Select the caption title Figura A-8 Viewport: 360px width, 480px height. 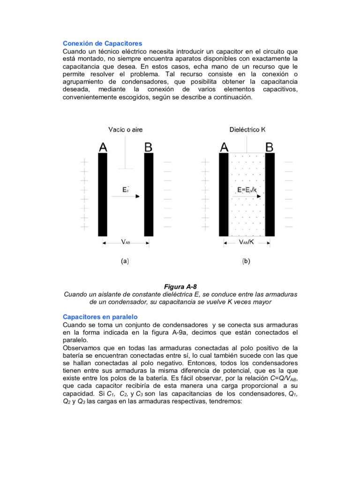(x=180, y=286)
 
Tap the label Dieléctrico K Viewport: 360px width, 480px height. (x=247, y=129)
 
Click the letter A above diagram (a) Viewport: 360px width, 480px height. (x=103, y=147)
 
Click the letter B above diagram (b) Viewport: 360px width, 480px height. (x=270, y=147)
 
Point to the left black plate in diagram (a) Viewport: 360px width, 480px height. (x=103, y=195)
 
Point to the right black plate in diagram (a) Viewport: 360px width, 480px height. (x=149, y=195)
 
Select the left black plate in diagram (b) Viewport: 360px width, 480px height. (x=224, y=195)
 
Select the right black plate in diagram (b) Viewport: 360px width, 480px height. (x=270, y=195)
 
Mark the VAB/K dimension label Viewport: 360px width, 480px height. (x=247, y=242)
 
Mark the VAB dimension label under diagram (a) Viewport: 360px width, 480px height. (x=126, y=242)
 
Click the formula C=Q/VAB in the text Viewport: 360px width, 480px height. (x=280, y=378)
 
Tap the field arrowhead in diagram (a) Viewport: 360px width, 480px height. (x=137, y=197)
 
